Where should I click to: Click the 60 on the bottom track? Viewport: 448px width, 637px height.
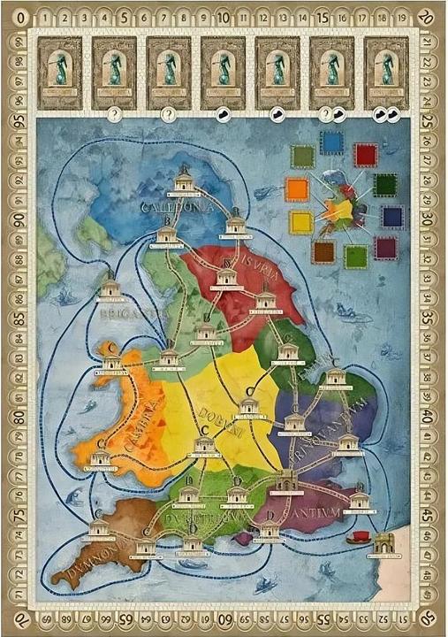coord(224,618)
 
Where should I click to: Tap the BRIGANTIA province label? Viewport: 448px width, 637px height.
coord(120,312)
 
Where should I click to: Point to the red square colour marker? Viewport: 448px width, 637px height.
coord(365,155)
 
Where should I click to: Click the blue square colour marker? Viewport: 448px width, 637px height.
coord(331,142)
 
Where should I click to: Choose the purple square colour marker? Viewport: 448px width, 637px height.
coord(385,248)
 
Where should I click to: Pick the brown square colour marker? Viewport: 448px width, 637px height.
coord(323,251)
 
